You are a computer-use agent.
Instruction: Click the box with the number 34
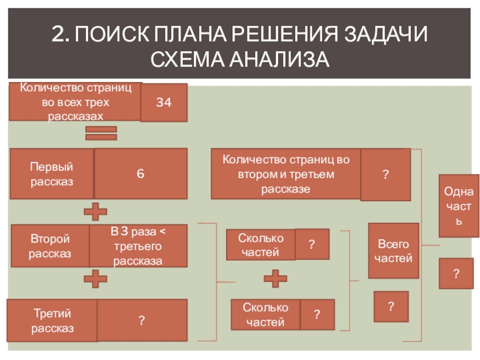point(164,103)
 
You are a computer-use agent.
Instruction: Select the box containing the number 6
point(140,173)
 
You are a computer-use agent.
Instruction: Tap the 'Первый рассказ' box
point(52,173)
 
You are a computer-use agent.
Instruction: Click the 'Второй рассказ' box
point(50,246)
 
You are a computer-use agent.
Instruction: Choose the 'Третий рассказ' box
point(52,321)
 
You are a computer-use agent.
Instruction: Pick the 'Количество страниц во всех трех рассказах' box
point(76,103)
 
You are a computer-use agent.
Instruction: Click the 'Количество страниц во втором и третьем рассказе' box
point(286,174)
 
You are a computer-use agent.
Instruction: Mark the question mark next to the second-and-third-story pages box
point(385,174)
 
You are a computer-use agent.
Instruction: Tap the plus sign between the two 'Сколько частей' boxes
point(276,279)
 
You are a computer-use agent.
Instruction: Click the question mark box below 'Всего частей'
point(391,307)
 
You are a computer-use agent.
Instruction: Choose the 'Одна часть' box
point(459,206)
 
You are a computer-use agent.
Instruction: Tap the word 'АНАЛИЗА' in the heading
point(278,60)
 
